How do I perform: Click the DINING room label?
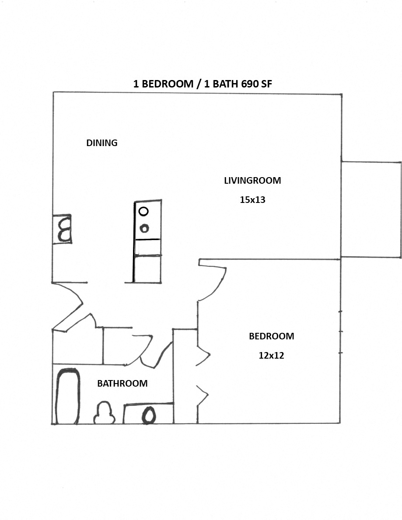point(102,143)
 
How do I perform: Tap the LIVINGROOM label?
point(252,180)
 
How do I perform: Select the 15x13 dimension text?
point(252,200)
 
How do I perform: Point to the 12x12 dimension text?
point(271,356)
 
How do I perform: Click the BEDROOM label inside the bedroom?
point(271,336)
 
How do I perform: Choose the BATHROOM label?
point(122,384)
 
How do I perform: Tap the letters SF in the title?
point(266,84)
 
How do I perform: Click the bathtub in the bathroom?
point(68,396)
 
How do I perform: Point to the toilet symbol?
point(105,413)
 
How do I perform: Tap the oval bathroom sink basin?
point(149,415)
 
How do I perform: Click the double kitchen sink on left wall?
point(64,229)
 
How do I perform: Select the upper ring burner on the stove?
point(143,211)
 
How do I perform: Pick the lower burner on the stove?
point(144,228)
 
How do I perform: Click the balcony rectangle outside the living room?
point(371,209)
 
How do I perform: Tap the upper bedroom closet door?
point(203,355)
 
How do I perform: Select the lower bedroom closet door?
point(203,396)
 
